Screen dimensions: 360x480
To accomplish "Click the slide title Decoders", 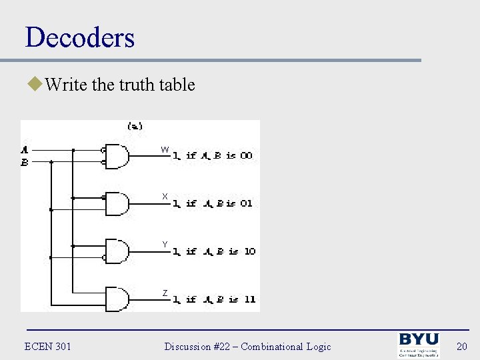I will coord(80,37).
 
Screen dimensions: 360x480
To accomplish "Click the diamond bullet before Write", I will coord(33,85).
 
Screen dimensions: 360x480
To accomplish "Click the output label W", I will coord(165,149).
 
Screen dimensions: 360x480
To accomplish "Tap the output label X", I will coord(165,197).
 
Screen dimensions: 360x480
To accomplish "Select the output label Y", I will coord(165,245).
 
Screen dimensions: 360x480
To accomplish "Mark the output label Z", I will coord(165,293).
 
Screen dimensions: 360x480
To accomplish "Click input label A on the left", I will coord(25,149).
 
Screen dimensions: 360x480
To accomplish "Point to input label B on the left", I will coord(25,161).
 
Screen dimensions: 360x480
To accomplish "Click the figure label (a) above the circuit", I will coord(135,125).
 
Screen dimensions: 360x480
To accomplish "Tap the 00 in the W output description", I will coord(246,155).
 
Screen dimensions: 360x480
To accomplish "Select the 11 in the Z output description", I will coord(249,299).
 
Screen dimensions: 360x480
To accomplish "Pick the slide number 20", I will coord(462,346).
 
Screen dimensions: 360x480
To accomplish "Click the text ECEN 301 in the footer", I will coord(47,346).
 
